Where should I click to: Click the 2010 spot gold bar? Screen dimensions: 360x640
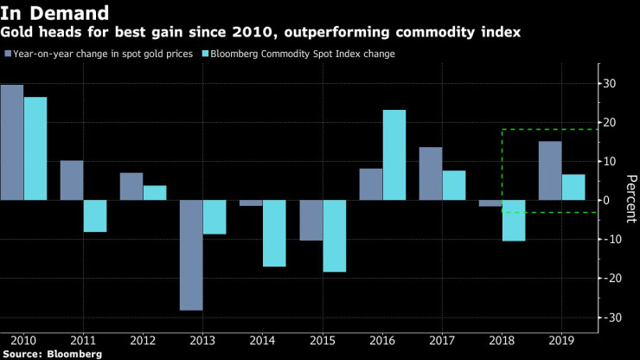pyautogui.click(x=12, y=142)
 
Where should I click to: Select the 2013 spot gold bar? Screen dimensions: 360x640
pyautogui.click(x=191, y=254)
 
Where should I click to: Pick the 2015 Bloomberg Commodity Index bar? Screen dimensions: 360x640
pyautogui.click(x=335, y=235)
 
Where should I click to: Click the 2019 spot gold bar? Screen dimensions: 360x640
pyautogui.click(x=550, y=170)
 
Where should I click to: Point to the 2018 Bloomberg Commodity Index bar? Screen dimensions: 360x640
pyautogui.click(x=514, y=220)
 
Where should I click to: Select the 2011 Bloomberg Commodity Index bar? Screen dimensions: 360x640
pyautogui.click(x=95, y=215)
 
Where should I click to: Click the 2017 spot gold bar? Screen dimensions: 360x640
pyautogui.click(x=431, y=173)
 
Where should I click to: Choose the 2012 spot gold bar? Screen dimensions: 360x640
pyautogui.click(x=131, y=186)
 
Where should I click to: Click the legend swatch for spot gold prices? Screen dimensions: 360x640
pyautogui.click(x=8, y=55)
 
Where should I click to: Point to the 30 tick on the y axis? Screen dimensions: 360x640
pyautogui.click(x=609, y=84)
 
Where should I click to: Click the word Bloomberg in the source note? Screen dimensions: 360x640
pyautogui.click(x=75, y=354)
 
